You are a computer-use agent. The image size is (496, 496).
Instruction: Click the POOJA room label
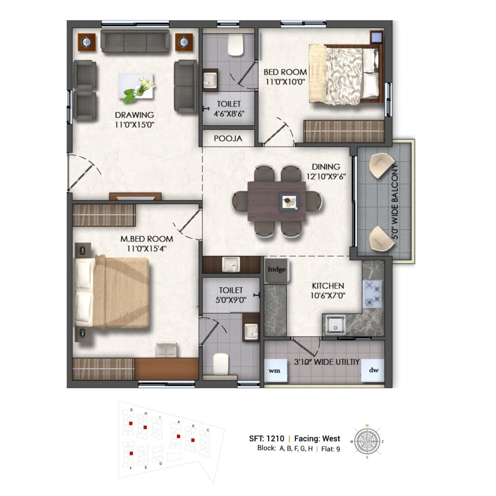[228, 138]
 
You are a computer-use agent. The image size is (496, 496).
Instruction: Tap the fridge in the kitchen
[276, 270]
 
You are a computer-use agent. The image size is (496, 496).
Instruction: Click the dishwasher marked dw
[372, 370]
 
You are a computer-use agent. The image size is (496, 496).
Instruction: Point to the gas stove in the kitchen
[372, 294]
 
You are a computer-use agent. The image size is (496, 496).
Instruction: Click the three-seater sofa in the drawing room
[135, 41]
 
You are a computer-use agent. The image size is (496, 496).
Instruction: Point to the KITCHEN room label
[328, 286]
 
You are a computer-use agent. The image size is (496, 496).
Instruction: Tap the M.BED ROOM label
[147, 239]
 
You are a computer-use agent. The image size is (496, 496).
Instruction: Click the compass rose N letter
[367, 425]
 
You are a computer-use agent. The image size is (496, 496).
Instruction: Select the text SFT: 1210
[266, 438]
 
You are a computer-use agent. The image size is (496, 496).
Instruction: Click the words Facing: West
[317, 438]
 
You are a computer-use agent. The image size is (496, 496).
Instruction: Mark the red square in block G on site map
[131, 423]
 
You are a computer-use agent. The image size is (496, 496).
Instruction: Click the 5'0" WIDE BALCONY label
[395, 201]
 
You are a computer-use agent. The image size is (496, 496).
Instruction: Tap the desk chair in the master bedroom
[167, 350]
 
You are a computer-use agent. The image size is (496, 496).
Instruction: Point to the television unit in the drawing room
[135, 196]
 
